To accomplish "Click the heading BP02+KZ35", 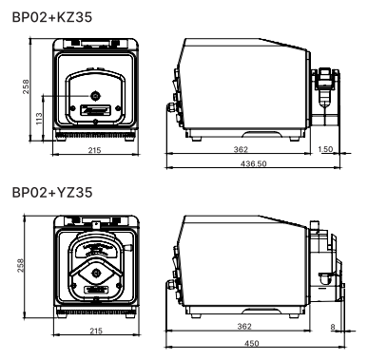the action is tap(52, 17).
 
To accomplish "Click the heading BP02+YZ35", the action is tap(52, 193).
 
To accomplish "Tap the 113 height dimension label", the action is tap(39, 119).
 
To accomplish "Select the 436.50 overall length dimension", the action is tap(254, 163).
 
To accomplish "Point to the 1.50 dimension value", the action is tap(325, 149).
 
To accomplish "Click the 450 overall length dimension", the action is tap(252, 343).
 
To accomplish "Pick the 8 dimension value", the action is tap(333, 328).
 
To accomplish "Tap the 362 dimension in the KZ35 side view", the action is tap(241, 149).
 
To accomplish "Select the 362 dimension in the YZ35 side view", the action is tap(244, 326).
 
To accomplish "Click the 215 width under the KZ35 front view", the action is tap(94, 150).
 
